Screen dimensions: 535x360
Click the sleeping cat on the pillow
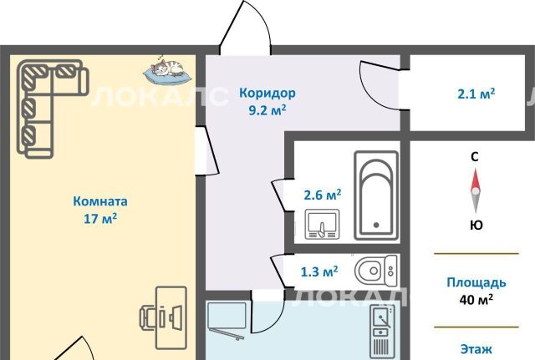pyautogui.click(x=167, y=69)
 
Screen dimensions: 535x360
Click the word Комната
pyautogui.click(x=100, y=201)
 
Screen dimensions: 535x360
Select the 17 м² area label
pyautogui.click(x=100, y=218)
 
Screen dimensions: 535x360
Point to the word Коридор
pyautogui.click(x=267, y=93)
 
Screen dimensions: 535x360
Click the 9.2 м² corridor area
pyautogui.click(x=267, y=110)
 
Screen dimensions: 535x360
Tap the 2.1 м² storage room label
pyautogui.click(x=476, y=94)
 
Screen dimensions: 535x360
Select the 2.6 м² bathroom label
pyautogui.click(x=323, y=195)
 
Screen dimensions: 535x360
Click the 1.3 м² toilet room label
pyautogui.click(x=319, y=271)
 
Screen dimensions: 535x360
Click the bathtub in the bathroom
pyautogui.click(x=376, y=195)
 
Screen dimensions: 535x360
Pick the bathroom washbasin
pyautogui.click(x=322, y=224)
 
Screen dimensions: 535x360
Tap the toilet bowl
pyautogui.click(x=375, y=271)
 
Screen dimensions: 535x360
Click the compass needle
pyautogui.click(x=476, y=191)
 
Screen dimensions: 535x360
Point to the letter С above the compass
pyautogui.click(x=475, y=157)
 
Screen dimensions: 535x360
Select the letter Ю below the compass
pyautogui.click(x=476, y=225)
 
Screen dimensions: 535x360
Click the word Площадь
pyautogui.click(x=476, y=283)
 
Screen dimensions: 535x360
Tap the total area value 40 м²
pyautogui.click(x=476, y=300)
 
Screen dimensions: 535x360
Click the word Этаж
pyautogui.click(x=476, y=349)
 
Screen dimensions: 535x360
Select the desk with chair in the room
pyautogui.click(x=164, y=317)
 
